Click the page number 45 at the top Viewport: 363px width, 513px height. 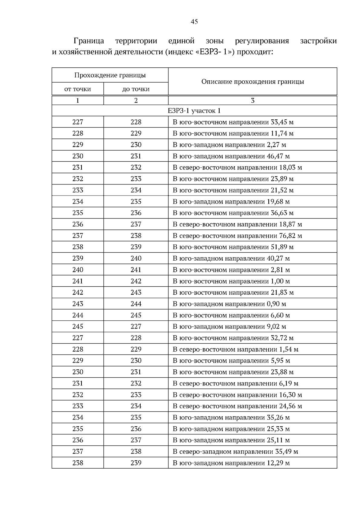(x=194, y=22)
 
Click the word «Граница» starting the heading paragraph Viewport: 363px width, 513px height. (x=89, y=41)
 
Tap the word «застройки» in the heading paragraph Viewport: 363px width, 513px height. (x=318, y=41)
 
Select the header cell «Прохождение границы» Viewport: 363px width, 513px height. (x=110, y=75)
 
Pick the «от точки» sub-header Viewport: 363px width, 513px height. (x=77, y=89)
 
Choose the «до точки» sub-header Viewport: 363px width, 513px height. (x=136, y=89)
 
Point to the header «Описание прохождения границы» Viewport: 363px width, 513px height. (x=253, y=82)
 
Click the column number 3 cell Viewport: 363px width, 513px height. (x=253, y=101)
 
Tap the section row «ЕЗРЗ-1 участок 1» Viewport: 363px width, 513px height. (x=194, y=111)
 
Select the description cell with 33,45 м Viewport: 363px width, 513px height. (x=233, y=122)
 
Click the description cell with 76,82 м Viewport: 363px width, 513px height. (x=237, y=236)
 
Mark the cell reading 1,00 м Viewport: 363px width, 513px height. (x=231, y=281)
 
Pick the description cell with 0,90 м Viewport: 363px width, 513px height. (x=229, y=304)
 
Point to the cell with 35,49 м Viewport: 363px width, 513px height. (x=235, y=452)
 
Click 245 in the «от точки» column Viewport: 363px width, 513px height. (x=77, y=326)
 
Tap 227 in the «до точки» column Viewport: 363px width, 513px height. (x=136, y=326)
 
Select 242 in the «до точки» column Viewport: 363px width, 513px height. (x=136, y=281)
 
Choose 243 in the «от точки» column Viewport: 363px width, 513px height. (x=77, y=304)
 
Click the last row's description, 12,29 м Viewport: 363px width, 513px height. (x=231, y=463)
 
